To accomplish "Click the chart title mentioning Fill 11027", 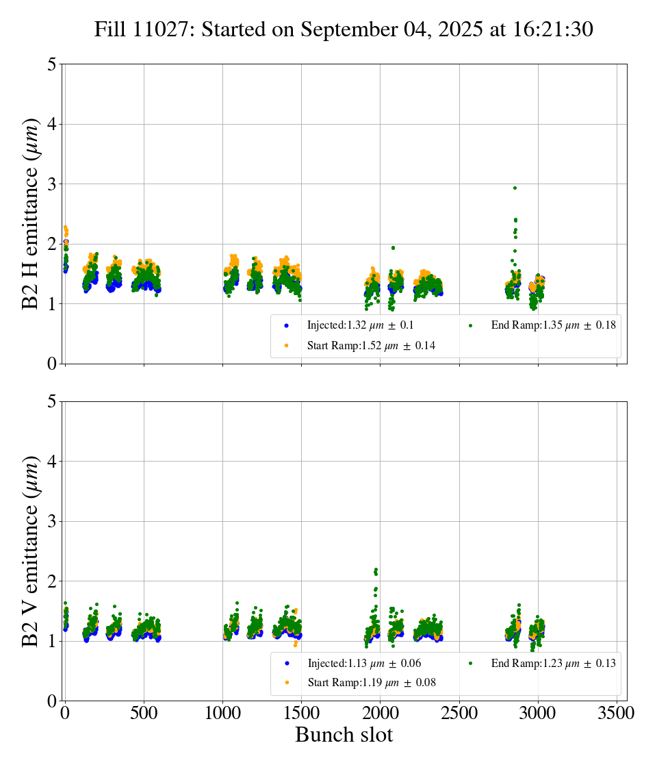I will (x=344, y=29).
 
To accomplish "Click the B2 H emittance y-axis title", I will (x=31, y=213).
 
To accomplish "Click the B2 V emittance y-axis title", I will (x=31, y=551).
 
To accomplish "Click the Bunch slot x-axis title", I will (x=344, y=735).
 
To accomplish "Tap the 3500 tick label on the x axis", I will (x=617, y=713).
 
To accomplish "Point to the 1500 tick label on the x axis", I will (x=301, y=713).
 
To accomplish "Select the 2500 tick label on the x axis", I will (x=459, y=713).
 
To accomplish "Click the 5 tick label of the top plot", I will (x=52, y=64).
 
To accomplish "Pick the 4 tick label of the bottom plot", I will (x=52, y=462).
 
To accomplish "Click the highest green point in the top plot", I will (x=515, y=188).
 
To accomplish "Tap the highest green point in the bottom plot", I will (x=376, y=570).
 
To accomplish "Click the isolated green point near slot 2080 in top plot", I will (x=393, y=248).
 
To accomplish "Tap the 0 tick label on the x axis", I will (x=65, y=713).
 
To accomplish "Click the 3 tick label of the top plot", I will (x=52, y=184).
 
